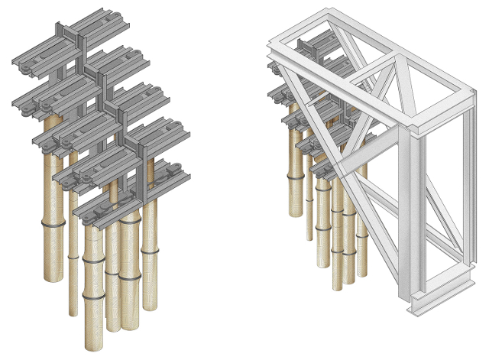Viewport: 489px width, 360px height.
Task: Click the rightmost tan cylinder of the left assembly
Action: pyautogui.click(x=149, y=252)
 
